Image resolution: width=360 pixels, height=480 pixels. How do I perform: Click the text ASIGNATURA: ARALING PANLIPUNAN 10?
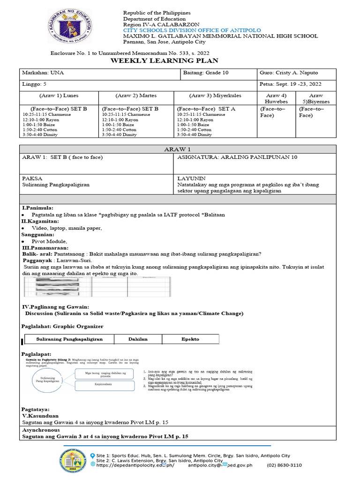pyautogui.click(x=237, y=157)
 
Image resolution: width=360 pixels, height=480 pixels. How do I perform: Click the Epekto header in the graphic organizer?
pyautogui.click(x=190, y=339)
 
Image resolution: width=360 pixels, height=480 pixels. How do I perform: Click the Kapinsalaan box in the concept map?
pyautogui.click(x=98, y=383)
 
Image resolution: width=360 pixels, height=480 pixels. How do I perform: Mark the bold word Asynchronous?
pyautogui.click(x=41, y=429)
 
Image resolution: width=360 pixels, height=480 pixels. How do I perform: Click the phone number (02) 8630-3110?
pyautogui.click(x=284, y=465)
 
